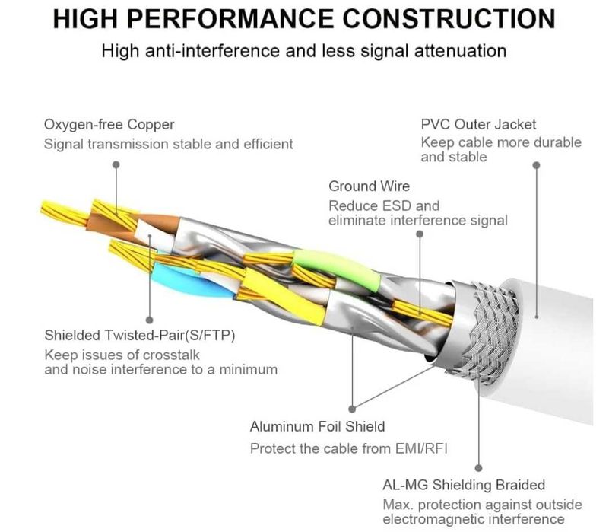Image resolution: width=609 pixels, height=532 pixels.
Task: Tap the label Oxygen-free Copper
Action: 109,124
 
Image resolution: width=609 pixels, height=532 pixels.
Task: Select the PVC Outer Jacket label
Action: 478,124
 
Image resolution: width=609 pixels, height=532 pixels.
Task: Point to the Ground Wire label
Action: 369,186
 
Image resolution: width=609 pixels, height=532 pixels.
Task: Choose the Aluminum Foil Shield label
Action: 317,426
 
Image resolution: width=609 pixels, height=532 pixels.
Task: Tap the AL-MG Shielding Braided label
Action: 464,485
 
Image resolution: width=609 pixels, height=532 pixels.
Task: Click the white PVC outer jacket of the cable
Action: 563,342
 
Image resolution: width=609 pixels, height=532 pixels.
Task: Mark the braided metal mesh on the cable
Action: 487,320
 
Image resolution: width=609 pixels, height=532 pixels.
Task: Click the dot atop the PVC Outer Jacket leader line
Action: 536,164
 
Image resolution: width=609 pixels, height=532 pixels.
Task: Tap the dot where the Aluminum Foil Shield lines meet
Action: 352,408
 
